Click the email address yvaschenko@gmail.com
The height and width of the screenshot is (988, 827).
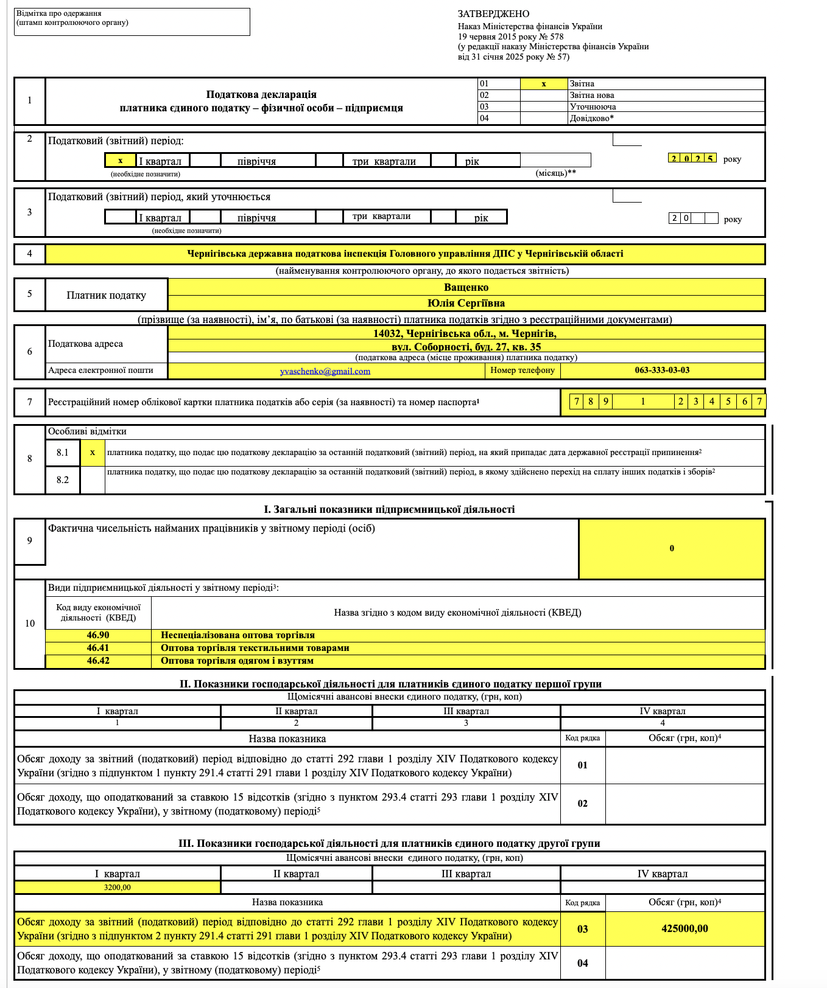click(325, 371)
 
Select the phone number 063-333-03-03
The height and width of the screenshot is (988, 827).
click(662, 370)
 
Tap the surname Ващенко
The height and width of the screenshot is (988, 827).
click(466, 287)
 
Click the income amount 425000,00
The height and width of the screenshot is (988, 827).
click(684, 928)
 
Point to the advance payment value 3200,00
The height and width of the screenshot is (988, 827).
click(117, 888)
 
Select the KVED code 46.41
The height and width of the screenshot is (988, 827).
click(98, 648)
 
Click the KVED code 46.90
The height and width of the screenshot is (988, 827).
click(98, 635)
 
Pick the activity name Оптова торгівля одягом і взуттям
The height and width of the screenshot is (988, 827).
click(237, 661)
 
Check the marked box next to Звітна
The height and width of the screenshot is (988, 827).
click(544, 84)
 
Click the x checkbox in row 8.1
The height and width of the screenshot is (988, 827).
click(93, 453)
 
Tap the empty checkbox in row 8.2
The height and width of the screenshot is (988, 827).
click(93, 479)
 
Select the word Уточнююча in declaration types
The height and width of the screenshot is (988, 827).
click(593, 106)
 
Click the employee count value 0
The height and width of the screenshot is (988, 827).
click(672, 548)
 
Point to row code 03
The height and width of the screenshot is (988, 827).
click(583, 929)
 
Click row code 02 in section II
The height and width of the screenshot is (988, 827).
click(583, 804)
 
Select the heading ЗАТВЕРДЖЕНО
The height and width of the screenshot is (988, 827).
click(493, 14)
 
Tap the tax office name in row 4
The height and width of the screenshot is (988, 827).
click(405, 254)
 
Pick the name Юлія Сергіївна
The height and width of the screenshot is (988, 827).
click(466, 303)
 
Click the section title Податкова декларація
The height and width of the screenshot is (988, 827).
click(261, 94)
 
